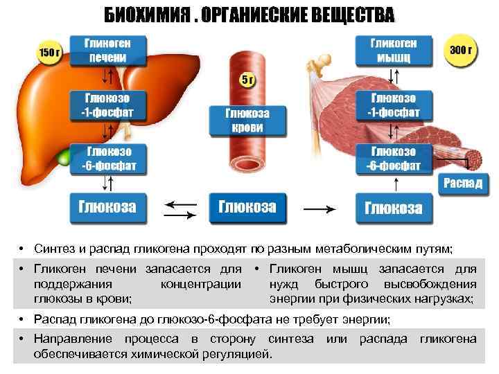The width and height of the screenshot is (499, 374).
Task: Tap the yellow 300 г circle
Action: point(461,51)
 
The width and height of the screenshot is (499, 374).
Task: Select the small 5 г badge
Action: point(247,80)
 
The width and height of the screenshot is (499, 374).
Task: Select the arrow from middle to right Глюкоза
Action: point(320,207)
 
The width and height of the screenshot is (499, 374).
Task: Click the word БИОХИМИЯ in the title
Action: point(148,15)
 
